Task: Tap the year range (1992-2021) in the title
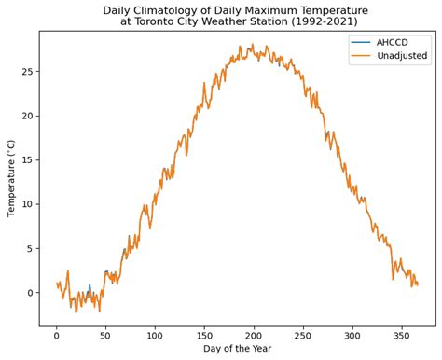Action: [340, 22]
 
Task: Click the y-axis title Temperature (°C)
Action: [12, 178]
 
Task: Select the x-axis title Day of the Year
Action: [237, 349]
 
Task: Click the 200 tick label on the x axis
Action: [254, 335]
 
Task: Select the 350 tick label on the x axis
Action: [401, 335]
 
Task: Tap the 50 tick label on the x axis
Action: [105, 335]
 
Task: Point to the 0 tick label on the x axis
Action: [56, 335]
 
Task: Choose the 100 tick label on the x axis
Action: [155, 335]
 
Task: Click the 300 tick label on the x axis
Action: [352, 335]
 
